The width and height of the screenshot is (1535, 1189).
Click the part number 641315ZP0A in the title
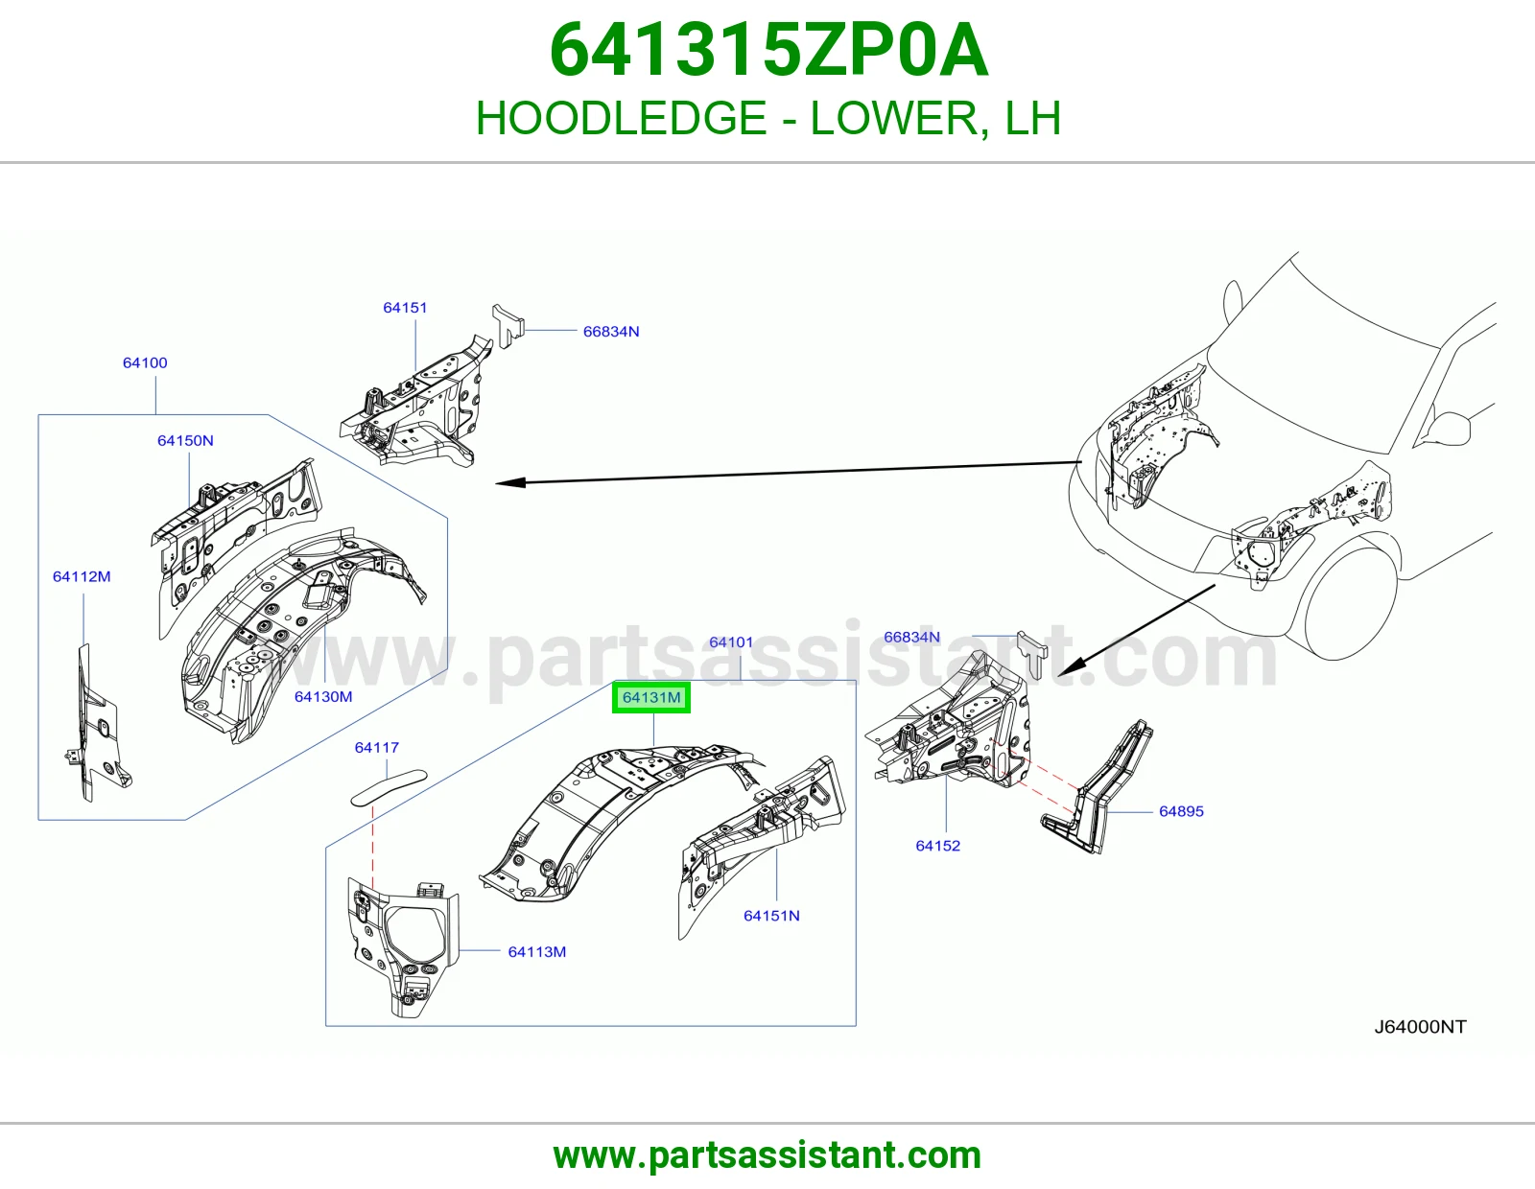coord(768,50)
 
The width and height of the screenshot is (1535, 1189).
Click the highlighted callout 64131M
coord(651,698)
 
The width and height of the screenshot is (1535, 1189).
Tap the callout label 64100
coord(145,362)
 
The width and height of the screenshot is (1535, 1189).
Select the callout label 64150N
coord(185,440)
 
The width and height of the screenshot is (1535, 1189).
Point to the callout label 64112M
coord(82,576)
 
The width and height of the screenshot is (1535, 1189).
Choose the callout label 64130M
coord(322,696)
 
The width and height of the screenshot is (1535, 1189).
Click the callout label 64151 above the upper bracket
coord(405,307)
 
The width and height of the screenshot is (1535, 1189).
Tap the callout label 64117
coord(376,747)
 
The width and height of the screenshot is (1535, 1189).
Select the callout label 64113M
coord(537,952)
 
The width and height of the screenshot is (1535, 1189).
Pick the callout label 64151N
coord(771,916)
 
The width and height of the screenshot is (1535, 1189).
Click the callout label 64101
coord(731,641)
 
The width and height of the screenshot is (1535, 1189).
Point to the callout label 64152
coord(937,846)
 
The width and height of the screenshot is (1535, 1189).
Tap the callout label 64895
coord(1181,811)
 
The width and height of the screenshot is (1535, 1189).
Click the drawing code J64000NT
coord(1420,1027)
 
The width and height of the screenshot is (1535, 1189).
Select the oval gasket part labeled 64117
coord(390,788)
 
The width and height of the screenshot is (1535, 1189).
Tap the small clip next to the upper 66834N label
coord(508,325)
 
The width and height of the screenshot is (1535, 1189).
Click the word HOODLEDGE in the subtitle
coord(621,118)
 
